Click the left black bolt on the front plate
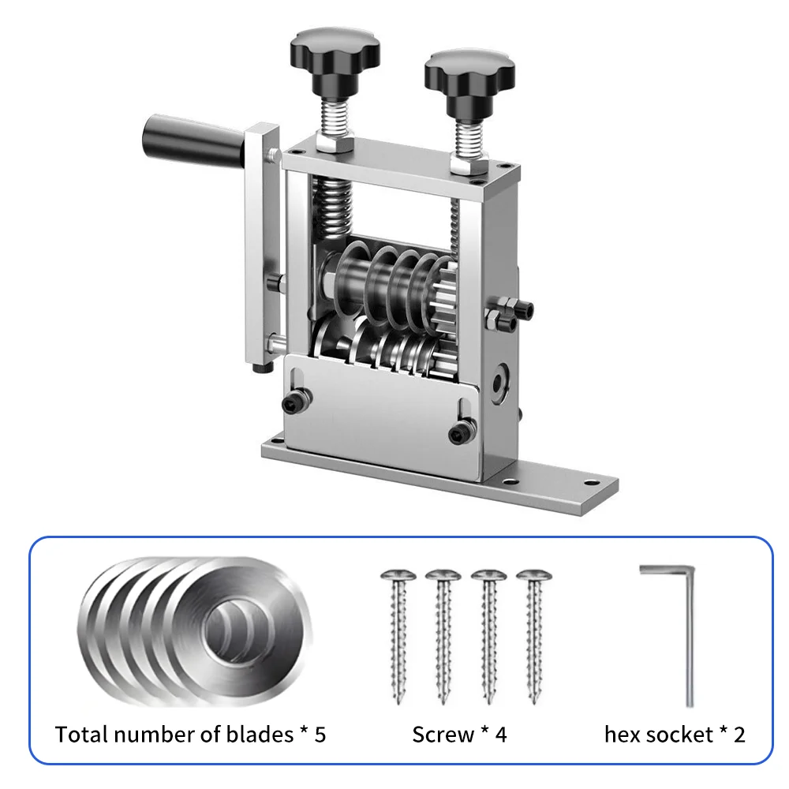[296, 400]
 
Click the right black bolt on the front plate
[462, 432]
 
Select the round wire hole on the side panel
[499, 383]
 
